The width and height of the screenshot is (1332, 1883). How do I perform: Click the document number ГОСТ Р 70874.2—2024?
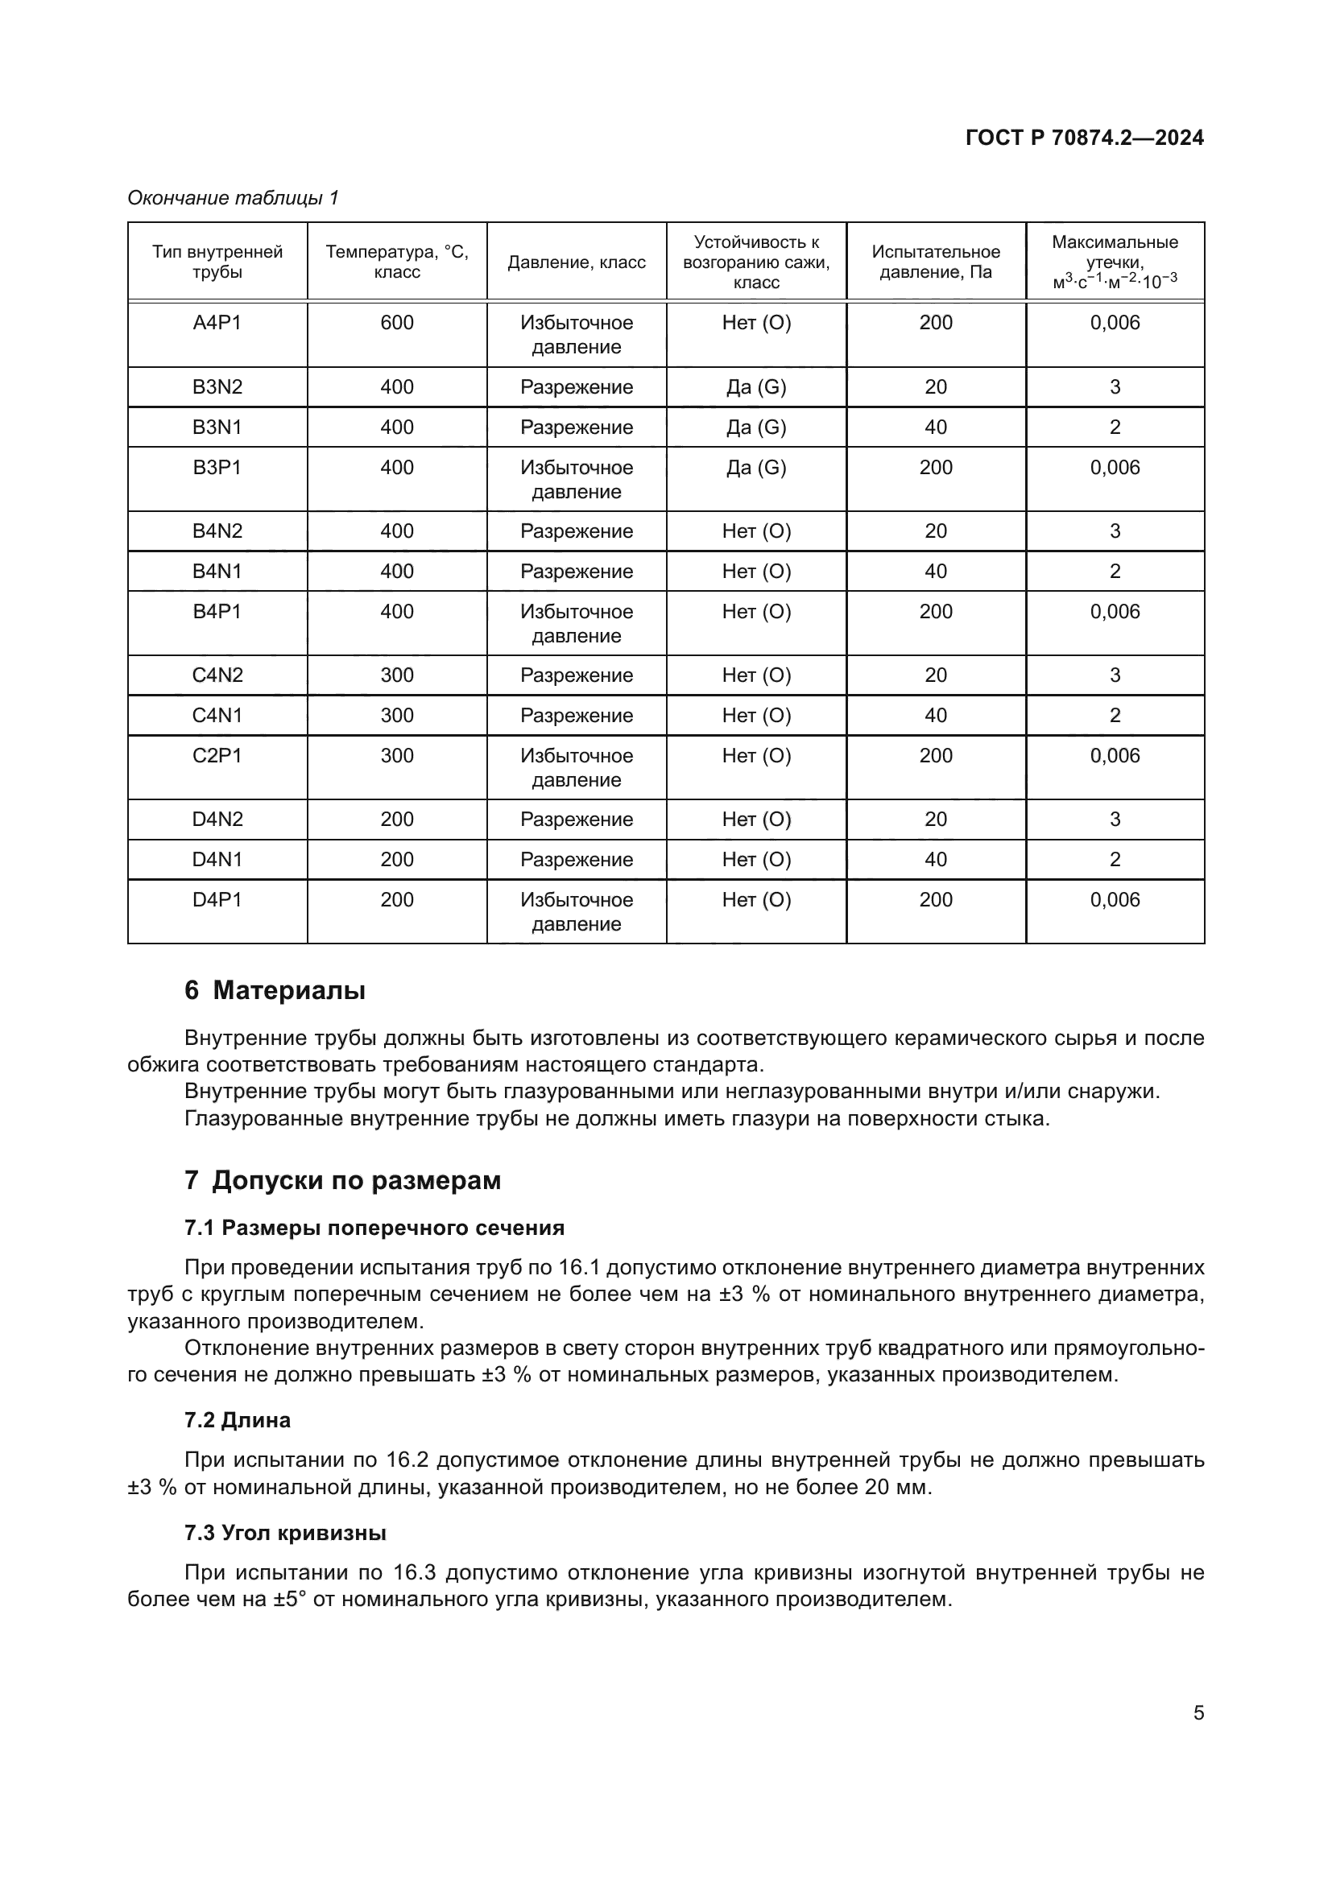[x=1084, y=138]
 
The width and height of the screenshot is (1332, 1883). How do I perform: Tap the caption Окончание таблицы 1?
[x=233, y=198]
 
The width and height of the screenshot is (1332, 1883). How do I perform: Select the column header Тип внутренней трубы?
[x=217, y=262]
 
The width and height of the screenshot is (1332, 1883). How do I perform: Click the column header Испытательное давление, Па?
[x=936, y=262]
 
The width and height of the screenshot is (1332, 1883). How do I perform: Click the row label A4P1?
[x=217, y=323]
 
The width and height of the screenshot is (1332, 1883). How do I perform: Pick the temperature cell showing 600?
[x=397, y=323]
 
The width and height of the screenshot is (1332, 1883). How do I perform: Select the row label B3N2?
[x=217, y=387]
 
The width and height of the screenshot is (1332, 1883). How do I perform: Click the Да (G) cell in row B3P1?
[x=755, y=468]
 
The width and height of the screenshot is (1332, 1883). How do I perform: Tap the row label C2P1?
[x=217, y=755]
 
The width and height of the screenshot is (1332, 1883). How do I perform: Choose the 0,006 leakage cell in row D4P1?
[x=1115, y=900]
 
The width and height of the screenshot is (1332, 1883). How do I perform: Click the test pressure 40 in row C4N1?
[x=936, y=715]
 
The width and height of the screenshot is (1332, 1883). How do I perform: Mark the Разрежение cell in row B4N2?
[x=577, y=531]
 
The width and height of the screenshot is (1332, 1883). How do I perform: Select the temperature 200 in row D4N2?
[x=397, y=820]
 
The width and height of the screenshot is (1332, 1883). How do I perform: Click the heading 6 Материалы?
[x=275, y=991]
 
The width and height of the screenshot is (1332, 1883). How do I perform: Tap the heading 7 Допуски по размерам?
[x=343, y=1181]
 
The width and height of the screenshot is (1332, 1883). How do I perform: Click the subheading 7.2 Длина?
[x=238, y=1419]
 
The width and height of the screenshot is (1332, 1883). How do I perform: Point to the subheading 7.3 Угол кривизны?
[x=285, y=1533]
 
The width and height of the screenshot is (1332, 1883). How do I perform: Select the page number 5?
[x=1198, y=1713]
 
